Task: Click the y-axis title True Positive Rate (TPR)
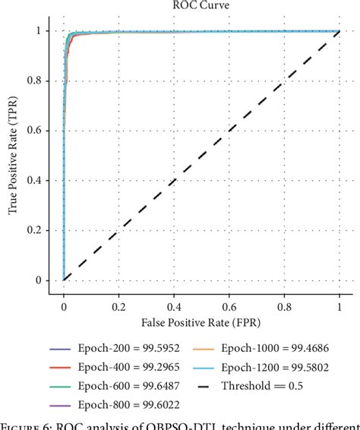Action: tap(14, 156)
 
